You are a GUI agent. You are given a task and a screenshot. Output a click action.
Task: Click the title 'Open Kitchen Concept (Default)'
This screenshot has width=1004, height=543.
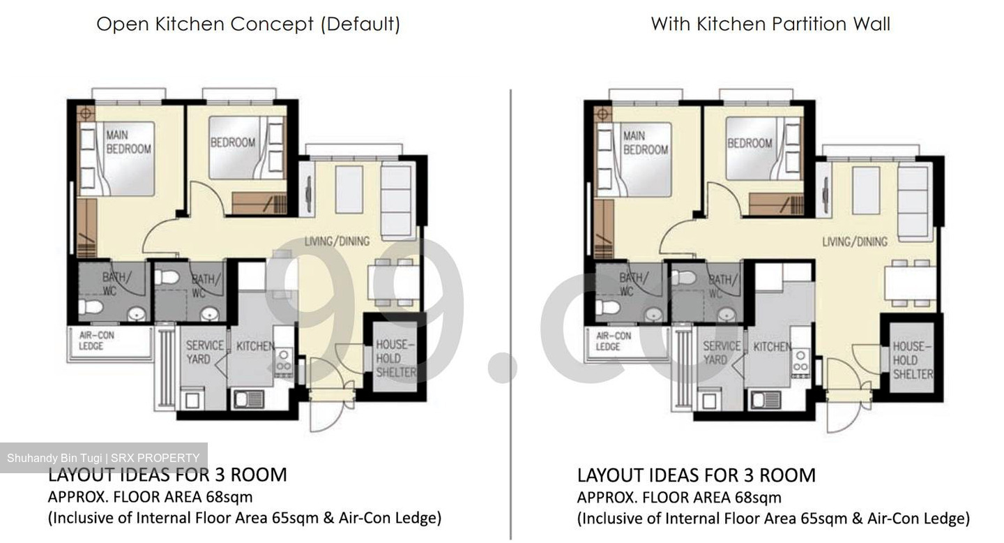coord(248,24)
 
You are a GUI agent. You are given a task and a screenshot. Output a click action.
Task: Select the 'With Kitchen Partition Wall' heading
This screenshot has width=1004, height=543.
coord(770,24)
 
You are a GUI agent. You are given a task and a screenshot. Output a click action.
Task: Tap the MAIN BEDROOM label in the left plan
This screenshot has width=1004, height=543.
coord(128,142)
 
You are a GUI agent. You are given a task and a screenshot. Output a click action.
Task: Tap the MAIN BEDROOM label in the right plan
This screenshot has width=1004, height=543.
coord(645,143)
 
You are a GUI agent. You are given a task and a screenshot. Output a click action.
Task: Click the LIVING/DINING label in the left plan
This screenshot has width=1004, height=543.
coord(337,241)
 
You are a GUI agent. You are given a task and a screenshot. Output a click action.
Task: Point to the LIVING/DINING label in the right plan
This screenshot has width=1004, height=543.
coord(855,242)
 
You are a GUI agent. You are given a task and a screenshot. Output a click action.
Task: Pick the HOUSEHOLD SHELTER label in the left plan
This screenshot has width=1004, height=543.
coord(395,358)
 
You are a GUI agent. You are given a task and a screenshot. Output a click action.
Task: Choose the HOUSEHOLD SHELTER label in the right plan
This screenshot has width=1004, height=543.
coord(913,360)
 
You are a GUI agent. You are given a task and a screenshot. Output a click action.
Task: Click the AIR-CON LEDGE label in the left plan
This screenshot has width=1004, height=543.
coord(97,341)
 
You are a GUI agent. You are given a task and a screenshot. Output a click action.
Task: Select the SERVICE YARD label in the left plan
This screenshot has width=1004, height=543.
coord(205,352)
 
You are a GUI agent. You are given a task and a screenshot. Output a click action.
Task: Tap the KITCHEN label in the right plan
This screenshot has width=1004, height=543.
coord(772,346)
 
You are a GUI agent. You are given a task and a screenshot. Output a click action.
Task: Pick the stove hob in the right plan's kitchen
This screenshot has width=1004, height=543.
coord(800,360)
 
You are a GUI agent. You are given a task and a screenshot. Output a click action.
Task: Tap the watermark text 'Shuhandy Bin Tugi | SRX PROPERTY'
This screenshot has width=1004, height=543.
coord(103,459)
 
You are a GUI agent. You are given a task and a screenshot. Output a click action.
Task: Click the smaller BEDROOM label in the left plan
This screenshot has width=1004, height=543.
coord(233,142)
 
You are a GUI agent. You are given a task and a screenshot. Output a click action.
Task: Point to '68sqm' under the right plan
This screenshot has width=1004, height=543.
coord(758,498)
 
